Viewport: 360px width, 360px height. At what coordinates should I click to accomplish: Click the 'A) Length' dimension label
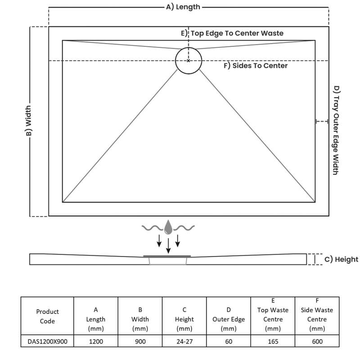183,7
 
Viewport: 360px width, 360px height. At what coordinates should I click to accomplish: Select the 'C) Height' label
341,259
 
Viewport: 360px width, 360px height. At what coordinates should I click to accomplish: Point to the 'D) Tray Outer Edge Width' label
336,130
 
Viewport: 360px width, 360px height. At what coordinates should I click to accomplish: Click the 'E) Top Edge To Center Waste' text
232,33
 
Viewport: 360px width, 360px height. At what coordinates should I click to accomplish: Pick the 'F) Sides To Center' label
256,66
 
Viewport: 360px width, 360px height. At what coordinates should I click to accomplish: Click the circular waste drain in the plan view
189,60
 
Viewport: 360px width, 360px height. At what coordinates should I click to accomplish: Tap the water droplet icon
168,227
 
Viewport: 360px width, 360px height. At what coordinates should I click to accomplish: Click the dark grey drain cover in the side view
167,256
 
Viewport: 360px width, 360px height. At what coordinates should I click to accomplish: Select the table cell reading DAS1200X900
47,342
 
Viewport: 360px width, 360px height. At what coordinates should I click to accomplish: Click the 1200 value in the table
96,342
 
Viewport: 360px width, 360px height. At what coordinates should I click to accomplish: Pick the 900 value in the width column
140,342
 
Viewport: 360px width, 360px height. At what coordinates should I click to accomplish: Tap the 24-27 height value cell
184,342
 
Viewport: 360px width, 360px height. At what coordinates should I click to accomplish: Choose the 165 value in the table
273,342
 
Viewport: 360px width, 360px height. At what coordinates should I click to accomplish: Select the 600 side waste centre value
317,342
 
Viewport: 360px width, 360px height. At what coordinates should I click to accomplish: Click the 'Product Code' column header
47,316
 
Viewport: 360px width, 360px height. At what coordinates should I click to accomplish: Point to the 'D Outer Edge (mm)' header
229,319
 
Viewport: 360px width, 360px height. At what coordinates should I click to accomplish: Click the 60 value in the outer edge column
229,342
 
